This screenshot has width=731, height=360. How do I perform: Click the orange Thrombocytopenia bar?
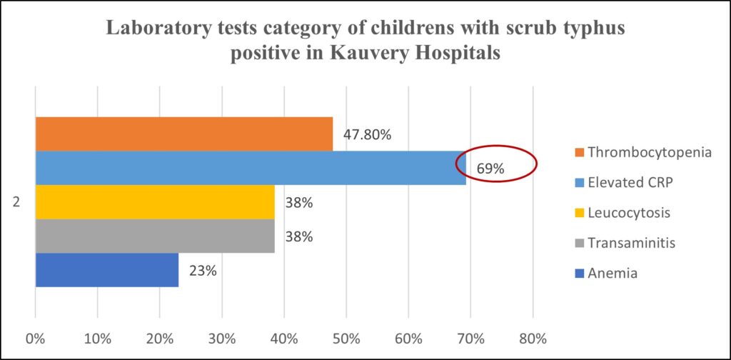(184, 134)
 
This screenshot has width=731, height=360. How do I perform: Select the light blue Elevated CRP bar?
(250, 168)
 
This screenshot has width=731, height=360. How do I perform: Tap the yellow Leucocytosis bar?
(155, 202)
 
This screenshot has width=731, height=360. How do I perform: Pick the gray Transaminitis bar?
(155, 236)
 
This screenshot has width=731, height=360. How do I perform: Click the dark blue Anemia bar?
(107, 270)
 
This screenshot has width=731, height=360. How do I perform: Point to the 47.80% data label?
(367, 134)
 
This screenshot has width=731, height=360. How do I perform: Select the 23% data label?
(202, 271)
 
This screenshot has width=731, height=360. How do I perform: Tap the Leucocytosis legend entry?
(622, 212)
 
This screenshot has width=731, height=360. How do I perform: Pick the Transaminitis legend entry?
(626, 243)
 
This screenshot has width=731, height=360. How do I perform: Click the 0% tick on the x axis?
(36, 337)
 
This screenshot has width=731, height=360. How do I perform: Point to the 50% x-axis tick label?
(346, 337)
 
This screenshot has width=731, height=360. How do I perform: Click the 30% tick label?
(221, 337)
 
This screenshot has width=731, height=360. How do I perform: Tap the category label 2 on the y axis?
(16, 203)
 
